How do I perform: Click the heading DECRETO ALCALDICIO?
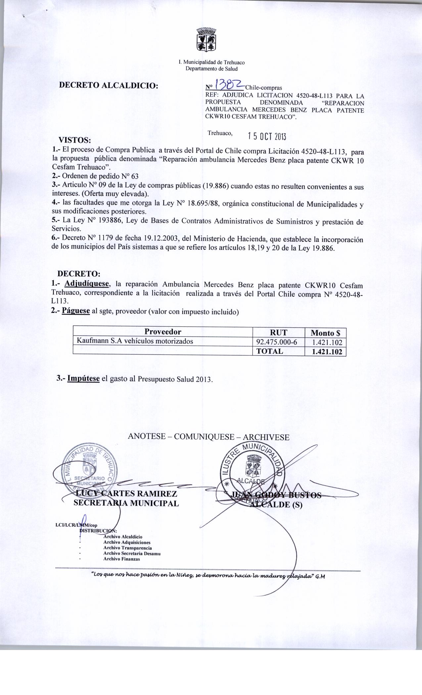coord(108,85)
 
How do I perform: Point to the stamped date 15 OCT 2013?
coord(267,137)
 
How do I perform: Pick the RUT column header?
coord(278,333)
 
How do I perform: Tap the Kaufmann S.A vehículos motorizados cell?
coord(135,341)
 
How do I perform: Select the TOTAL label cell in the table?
coord(270,351)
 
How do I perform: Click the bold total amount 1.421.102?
coord(327,352)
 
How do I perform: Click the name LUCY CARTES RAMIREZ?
coord(125,494)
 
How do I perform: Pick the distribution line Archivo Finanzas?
coord(121,559)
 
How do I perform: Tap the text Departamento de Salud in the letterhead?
coord(211,69)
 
